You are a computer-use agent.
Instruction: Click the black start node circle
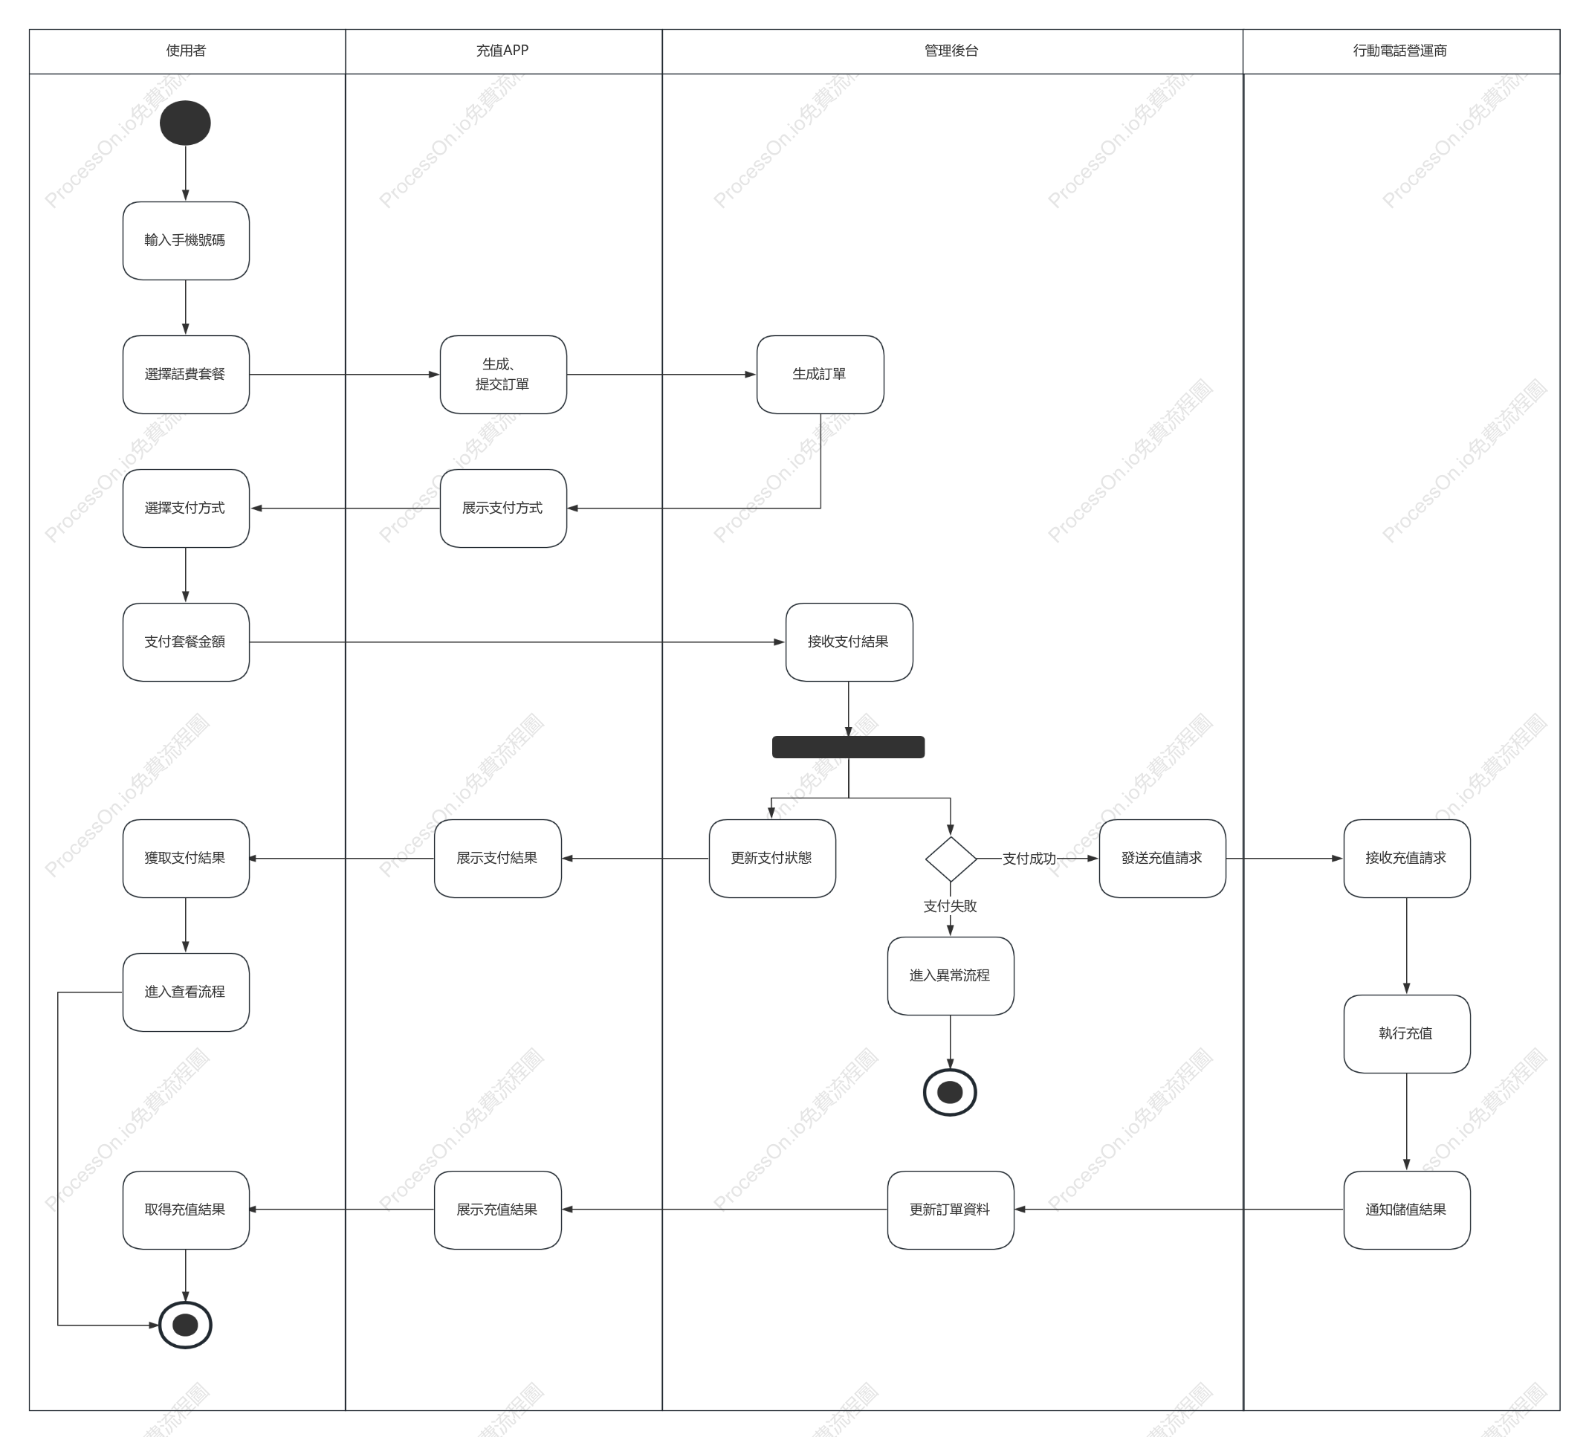(x=185, y=123)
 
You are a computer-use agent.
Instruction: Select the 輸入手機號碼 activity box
(x=186, y=241)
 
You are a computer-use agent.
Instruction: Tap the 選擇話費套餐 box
(x=186, y=375)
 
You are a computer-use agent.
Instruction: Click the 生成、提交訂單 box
(x=502, y=375)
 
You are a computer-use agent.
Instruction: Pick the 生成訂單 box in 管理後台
(x=820, y=375)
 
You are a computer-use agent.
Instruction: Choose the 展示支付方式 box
(x=502, y=508)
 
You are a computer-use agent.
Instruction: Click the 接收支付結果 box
(x=849, y=642)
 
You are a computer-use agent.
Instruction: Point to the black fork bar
(x=848, y=747)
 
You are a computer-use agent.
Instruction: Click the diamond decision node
(x=951, y=859)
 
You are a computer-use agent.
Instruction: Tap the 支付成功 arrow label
(x=1029, y=859)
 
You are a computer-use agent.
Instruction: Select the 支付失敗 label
(x=951, y=905)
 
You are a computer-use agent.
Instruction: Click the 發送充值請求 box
(x=1162, y=859)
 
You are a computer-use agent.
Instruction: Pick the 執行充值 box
(x=1407, y=1034)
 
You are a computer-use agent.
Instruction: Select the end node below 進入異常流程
(x=951, y=1092)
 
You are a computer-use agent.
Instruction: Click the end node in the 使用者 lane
(x=186, y=1325)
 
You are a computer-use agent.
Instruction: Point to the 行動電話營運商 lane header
(x=1401, y=51)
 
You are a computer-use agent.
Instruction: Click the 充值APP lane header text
(x=502, y=51)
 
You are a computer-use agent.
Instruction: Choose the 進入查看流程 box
(x=186, y=992)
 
